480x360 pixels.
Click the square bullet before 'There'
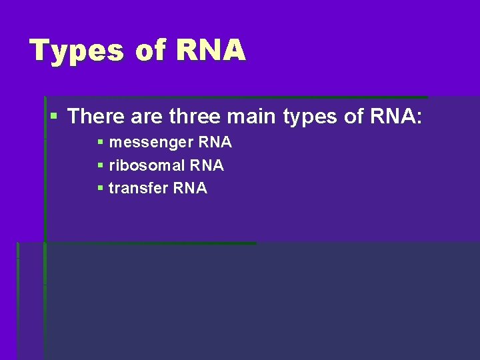(55, 117)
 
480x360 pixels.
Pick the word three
(195, 117)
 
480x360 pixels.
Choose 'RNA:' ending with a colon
(398, 117)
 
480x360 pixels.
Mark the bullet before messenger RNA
(100, 143)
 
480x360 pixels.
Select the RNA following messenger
(215, 143)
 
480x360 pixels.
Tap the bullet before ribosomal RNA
(100, 165)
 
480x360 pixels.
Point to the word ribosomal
(147, 165)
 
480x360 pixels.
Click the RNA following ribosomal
(207, 165)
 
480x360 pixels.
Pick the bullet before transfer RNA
(100, 188)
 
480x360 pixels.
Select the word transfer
(139, 188)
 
